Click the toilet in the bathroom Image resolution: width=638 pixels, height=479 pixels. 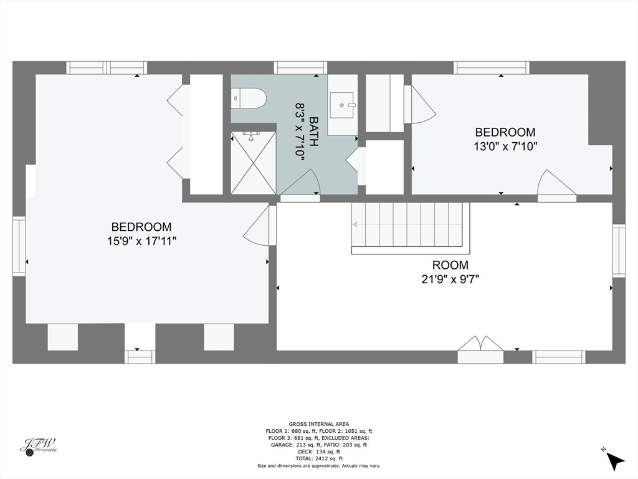[x=249, y=97]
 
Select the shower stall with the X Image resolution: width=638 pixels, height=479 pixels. [x=253, y=163]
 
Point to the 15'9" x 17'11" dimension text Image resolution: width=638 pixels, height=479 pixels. [x=141, y=241]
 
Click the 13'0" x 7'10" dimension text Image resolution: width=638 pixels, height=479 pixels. [x=505, y=147]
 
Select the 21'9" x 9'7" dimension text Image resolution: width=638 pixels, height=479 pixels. [x=450, y=279]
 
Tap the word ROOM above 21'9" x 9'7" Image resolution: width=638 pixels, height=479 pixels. [x=450, y=265]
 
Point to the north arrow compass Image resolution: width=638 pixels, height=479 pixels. [x=614, y=460]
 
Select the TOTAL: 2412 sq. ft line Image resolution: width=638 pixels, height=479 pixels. [x=319, y=458]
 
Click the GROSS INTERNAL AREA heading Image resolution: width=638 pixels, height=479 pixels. [x=319, y=423]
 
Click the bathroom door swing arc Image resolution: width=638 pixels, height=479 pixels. [x=302, y=185]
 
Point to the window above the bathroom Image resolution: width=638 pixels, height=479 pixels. [x=300, y=67]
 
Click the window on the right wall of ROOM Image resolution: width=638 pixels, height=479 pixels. [x=618, y=250]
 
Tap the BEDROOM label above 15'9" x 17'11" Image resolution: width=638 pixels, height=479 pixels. [x=141, y=227]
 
